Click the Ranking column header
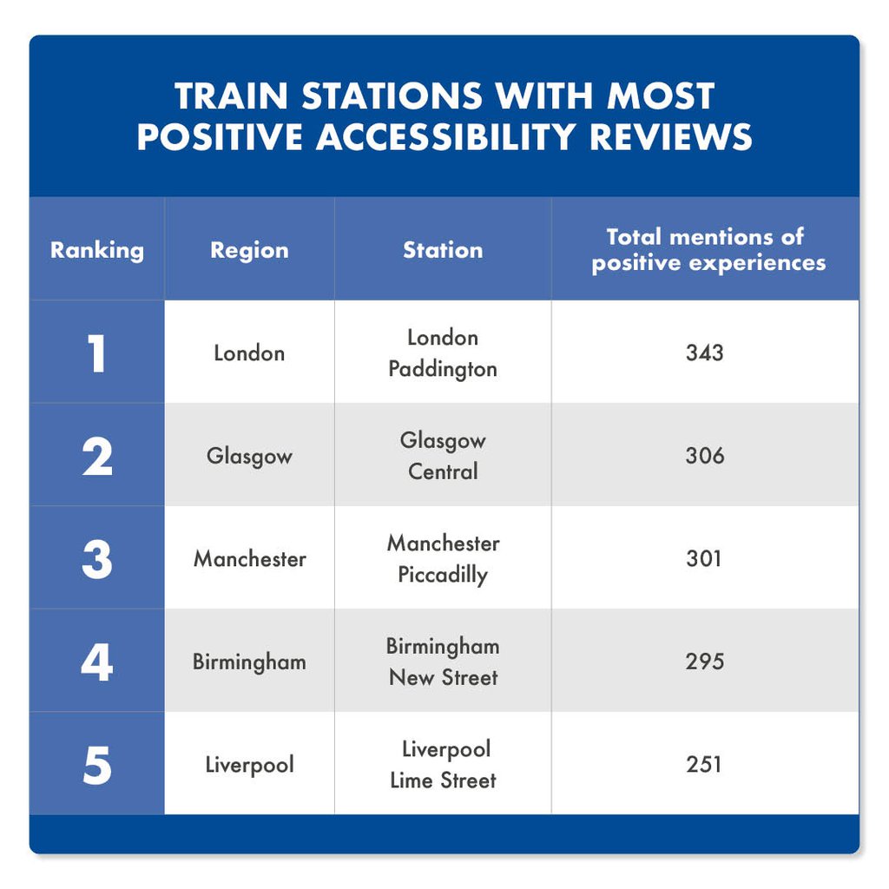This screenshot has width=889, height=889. [x=96, y=250]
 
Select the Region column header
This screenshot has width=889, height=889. [x=249, y=250]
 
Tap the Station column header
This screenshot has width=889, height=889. [x=443, y=250]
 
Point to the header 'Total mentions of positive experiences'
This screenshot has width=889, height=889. [x=705, y=250]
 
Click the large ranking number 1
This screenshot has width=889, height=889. [x=96, y=353]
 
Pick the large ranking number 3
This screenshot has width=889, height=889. [x=96, y=559]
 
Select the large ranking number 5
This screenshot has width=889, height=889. [x=96, y=765]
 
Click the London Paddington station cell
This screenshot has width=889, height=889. [x=443, y=353]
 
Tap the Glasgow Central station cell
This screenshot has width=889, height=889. [x=443, y=456]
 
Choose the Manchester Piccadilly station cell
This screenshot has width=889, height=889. [x=443, y=559]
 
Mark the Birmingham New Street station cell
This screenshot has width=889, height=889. [x=443, y=662]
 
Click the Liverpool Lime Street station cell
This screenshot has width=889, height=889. [x=443, y=765]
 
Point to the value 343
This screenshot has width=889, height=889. [x=704, y=353]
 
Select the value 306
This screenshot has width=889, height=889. [x=704, y=456]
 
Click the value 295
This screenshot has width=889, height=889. [x=704, y=662]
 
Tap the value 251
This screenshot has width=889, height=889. [x=704, y=765]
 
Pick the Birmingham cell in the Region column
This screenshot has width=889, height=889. [x=249, y=662]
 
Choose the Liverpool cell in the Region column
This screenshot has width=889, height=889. [x=249, y=765]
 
